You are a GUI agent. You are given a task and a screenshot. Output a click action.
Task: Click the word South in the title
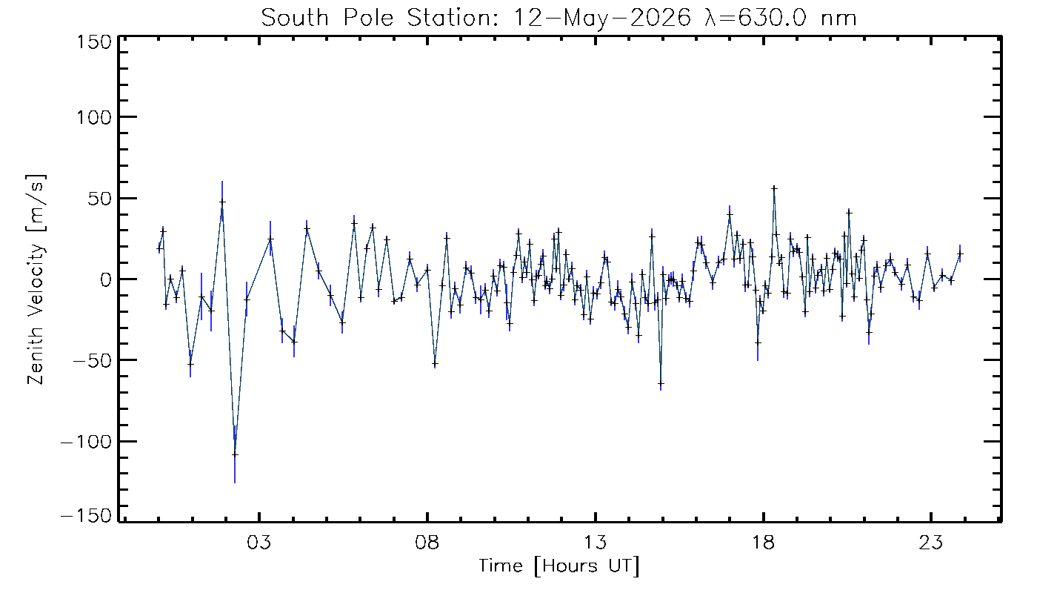point(295,19)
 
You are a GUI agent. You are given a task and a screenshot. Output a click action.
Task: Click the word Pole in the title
point(369,19)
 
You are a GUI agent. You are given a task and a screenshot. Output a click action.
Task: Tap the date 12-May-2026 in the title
point(601,19)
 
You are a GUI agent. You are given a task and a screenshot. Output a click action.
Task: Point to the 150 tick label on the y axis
point(94,43)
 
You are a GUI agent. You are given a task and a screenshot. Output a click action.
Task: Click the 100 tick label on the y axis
point(94,117)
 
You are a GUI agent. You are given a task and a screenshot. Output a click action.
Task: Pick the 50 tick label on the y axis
point(100,199)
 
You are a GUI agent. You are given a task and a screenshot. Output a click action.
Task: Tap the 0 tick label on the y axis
point(106,279)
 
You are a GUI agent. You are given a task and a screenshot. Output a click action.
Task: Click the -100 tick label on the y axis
point(87,442)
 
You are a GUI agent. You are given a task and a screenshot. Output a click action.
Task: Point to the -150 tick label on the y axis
point(87,516)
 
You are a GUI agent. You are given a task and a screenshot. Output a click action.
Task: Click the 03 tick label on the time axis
point(259,542)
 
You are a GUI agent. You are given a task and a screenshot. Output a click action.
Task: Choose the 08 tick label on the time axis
point(427,542)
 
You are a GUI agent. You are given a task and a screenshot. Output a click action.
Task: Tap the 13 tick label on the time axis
point(596,542)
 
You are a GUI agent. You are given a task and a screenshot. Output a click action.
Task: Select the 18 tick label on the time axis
point(763,542)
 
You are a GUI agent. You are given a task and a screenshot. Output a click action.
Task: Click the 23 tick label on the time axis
point(931,542)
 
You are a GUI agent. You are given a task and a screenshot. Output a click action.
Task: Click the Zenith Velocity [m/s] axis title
point(36,279)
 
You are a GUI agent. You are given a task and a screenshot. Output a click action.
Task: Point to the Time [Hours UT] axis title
point(558,566)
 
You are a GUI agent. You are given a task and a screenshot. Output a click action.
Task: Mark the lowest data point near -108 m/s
point(236,454)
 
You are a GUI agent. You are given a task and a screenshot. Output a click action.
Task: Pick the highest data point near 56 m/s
point(774,188)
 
